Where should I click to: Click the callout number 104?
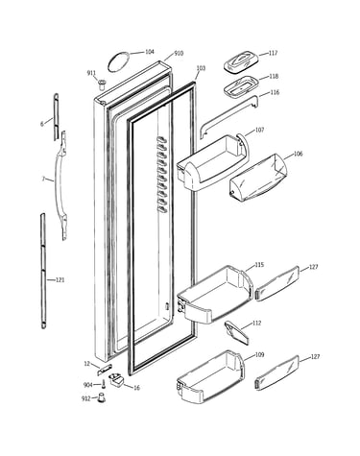click(x=150, y=52)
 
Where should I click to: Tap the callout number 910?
click(x=179, y=53)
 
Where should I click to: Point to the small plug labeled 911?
click(x=103, y=84)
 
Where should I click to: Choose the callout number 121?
click(x=60, y=280)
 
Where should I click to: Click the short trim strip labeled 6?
click(x=56, y=117)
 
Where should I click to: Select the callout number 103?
click(x=201, y=68)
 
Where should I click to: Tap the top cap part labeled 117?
click(x=241, y=61)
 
